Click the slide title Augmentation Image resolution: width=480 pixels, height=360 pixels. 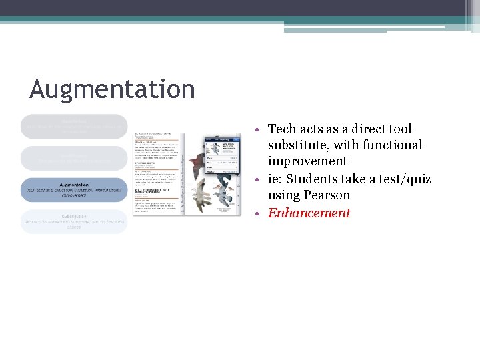pyautogui.click(x=112, y=89)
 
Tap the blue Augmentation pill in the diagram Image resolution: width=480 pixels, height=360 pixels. pyautogui.click(x=73, y=190)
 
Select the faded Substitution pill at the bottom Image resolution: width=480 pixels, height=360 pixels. pyautogui.click(x=73, y=222)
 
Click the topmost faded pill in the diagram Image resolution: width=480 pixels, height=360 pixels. pyautogui.click(x=73, y=126)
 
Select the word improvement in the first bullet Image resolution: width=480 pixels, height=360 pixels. pyautogui.click(x=307, y=161)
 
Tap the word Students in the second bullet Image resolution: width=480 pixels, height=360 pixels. pyautogui.click(x=313, y=179)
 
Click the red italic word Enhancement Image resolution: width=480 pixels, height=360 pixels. pyautogui.click(x=309, y=213)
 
